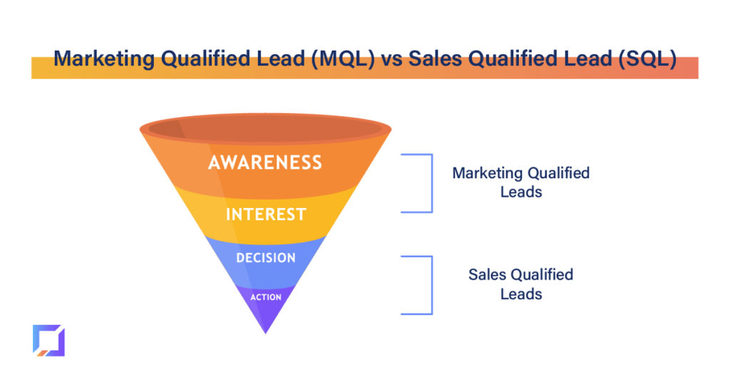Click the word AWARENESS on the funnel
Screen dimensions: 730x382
265,162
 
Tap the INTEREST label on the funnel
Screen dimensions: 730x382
266,215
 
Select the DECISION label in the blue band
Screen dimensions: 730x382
266,258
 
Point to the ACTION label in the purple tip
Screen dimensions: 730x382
266,297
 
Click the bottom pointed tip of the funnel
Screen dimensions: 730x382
265,333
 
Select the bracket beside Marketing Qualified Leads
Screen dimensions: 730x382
432,183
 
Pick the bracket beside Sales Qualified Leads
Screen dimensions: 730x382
432,285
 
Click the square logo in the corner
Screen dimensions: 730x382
49,341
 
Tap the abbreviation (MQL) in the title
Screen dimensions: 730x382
343,59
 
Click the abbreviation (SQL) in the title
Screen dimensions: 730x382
647,59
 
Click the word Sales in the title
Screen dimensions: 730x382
436,59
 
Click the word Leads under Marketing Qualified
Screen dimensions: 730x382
521,192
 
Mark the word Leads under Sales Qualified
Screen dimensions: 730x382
521,294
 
